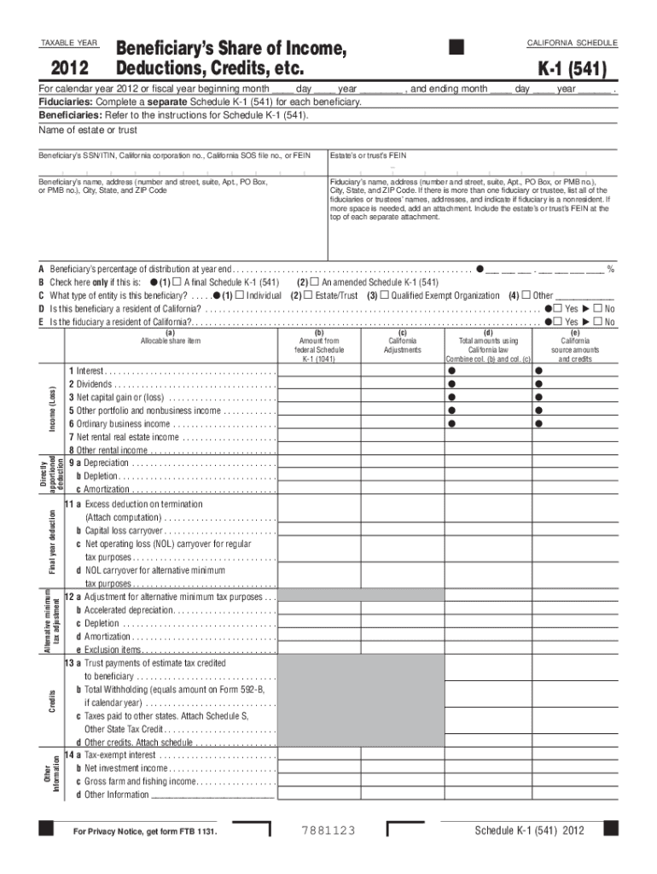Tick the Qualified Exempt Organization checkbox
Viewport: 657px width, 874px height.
[x=384, y=295]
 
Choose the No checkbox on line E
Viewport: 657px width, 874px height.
[x=598, y=322]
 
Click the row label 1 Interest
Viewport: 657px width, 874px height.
[x=90, y=371]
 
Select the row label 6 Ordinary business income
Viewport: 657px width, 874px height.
[x=124, y=423]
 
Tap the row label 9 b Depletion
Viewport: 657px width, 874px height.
[x=98, y=476]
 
